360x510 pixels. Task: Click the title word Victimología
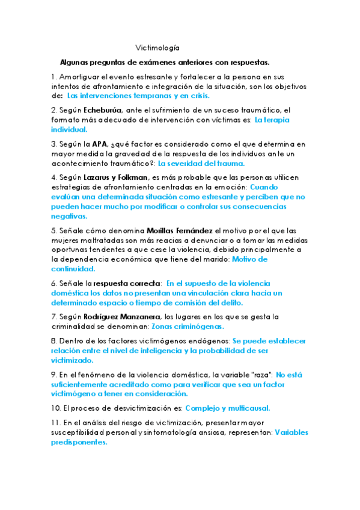[157, 48]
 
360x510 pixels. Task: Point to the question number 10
[56, 408]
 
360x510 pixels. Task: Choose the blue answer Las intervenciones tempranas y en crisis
[138, 96]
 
